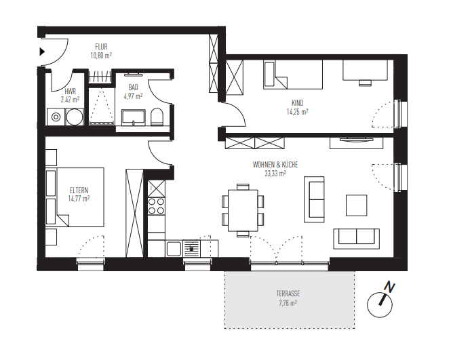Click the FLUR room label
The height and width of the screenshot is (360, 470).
tap(101, 47)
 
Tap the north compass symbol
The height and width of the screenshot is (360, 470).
tap(381, 302)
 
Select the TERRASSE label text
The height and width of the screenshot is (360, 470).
tap(288, 294)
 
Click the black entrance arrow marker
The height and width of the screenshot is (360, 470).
tap(42, 52)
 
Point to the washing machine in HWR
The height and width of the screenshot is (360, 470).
tap(56, 117)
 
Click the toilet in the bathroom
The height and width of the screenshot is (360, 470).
tap(157, 117)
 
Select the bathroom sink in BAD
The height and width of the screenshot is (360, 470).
tap(134, 117)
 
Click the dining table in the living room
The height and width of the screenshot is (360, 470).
tap(242, 209)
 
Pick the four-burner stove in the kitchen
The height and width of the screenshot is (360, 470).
tap(157, 205)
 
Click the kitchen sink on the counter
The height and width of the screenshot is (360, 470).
tap(193, 247)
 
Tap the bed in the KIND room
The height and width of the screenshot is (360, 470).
tap(292, 74)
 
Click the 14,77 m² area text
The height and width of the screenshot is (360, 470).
tap(79, 199)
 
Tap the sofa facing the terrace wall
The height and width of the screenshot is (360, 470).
tap(355, 237)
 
